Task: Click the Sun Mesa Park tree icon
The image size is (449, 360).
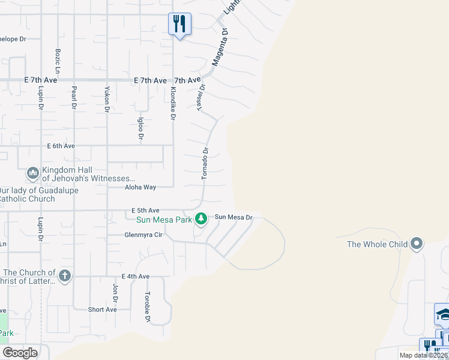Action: [x=202, y=219]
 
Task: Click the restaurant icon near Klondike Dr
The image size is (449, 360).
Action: [x=179, y=24]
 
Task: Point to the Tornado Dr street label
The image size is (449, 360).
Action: [x=205, y=164]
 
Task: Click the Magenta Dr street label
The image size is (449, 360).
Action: [x=219, y=46]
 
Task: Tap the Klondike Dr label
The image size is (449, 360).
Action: [x=172, y=103]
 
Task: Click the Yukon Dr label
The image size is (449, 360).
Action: [x=107, y=98]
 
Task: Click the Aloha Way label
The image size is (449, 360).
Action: [x=140, y=187]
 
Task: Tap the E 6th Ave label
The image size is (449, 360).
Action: [x=61, y=146]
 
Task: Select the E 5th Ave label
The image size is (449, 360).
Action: [x=145, y=211]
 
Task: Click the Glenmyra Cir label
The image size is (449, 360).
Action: [x=143, y=235]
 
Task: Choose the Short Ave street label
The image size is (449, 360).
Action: [x=102, y=310]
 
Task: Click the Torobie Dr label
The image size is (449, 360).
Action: [x=147, y=307]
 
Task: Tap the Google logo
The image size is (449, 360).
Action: [x=20, y=353]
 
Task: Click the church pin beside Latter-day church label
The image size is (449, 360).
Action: [x=65, y=276]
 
